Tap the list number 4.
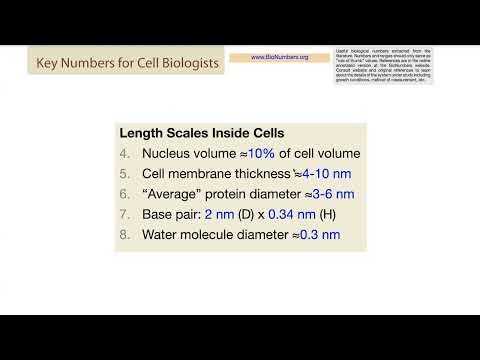[124, 154]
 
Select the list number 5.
[124, 174]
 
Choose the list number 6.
[124, 194]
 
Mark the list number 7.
[124, 214]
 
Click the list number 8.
[124, 235]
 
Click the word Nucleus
[166, 154]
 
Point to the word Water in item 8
[161, 235]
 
